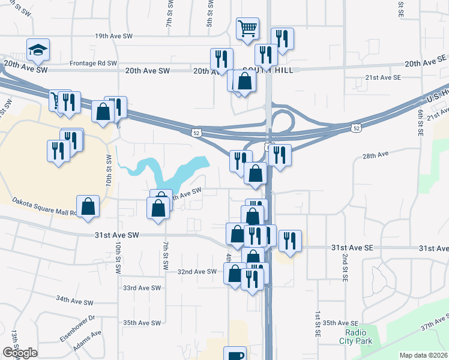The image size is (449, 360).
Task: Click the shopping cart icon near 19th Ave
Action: coord(247,28)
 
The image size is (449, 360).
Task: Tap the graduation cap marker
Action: coord(38,50)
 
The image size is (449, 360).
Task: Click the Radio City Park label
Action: coord(358,337)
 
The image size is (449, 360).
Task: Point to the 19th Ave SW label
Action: coord(113,36)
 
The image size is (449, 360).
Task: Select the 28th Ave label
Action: coord(376,155)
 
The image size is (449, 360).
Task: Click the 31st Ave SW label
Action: coord(116,235)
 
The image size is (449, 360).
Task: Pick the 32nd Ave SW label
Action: coord(196,271)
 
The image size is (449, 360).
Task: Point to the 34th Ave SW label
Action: coord(75,299)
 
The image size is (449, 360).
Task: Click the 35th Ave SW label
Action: coord(142,323)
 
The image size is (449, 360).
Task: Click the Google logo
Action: coord(20,353)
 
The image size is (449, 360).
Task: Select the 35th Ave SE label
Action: coord(340,323)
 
